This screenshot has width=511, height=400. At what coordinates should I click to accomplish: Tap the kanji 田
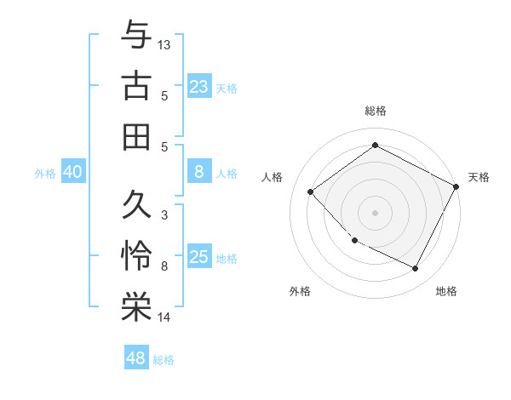click(136, 137)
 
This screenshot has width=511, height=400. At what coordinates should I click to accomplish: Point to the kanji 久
click(136, 205)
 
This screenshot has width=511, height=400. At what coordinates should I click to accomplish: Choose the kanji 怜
click(136, 256)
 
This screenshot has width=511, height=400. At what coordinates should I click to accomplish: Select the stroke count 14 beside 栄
click(164, 318)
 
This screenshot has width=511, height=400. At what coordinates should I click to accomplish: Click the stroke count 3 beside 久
click(164, 215)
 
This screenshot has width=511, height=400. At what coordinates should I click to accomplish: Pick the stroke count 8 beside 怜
click(164, 267)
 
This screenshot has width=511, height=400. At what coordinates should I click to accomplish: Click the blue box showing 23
click(198, 86)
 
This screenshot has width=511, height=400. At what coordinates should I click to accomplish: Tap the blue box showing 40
click(72, 173)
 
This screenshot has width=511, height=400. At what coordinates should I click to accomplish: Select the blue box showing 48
click(136, 358)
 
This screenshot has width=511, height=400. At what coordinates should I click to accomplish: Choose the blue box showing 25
click(198, 257)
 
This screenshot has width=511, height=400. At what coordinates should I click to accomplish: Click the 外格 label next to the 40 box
click(45, 174)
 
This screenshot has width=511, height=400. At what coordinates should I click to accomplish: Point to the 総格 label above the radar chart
click(376, 111)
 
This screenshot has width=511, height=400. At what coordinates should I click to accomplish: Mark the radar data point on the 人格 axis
click(311, 191)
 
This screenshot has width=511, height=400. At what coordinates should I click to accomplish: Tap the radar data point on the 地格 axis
click(416, 269)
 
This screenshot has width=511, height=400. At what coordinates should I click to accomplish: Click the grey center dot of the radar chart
click(375, 212)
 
